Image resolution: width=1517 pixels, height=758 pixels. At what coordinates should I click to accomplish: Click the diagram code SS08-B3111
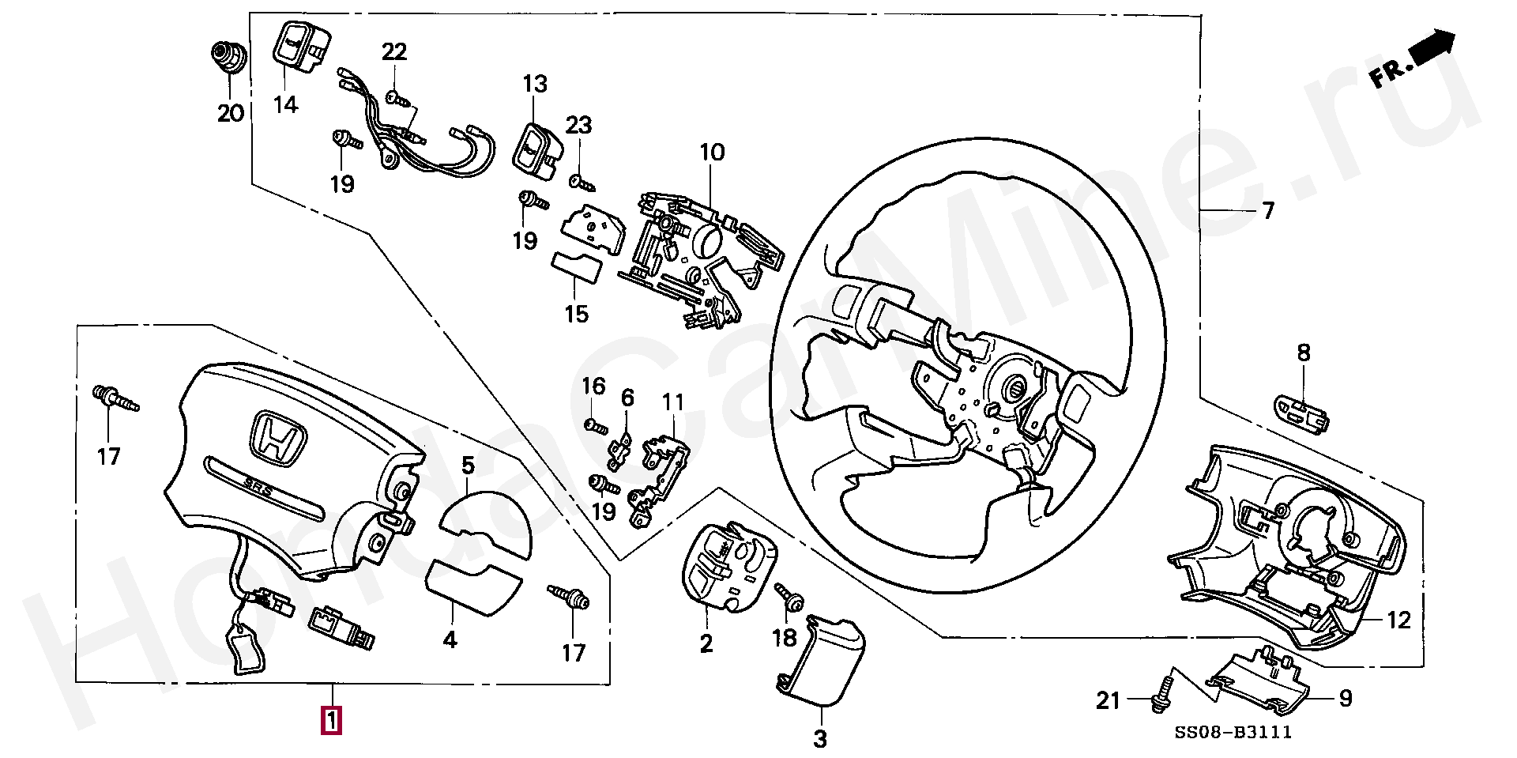(1233, 733)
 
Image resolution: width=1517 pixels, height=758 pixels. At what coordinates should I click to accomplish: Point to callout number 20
(231, 113)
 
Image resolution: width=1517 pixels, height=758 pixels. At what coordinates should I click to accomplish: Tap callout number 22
(394, 52)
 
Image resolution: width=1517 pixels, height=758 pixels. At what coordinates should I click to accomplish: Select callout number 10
(712, 152)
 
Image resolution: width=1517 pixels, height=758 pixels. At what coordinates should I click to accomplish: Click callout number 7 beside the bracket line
(1268, 211)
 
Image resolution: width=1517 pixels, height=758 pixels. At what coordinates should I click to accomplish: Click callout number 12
(1398, 620)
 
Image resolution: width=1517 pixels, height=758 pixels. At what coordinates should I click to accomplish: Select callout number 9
(1346, 698)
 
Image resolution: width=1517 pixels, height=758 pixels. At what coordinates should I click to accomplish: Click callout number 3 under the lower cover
(820, 739)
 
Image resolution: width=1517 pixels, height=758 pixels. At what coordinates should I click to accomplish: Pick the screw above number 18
(789, 598)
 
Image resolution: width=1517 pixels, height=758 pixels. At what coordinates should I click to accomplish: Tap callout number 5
(468, 466)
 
